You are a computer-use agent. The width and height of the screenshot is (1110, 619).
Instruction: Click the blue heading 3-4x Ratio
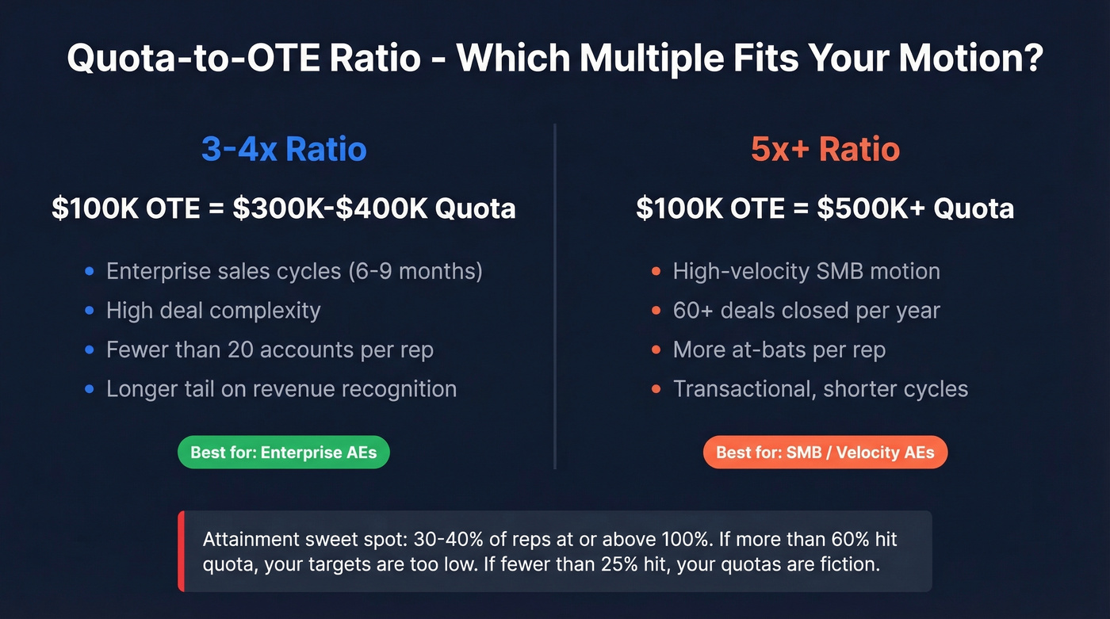(283, 149)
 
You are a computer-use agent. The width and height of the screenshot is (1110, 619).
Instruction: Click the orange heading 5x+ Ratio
(825, 149)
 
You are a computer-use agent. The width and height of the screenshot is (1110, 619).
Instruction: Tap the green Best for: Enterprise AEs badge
(283, 453)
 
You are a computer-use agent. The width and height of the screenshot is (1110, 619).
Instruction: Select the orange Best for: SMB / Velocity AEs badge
(825, 453)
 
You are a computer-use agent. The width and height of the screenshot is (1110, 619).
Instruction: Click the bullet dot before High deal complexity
(90, 311)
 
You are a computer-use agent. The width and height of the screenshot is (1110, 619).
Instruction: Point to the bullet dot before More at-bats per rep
(656, 350)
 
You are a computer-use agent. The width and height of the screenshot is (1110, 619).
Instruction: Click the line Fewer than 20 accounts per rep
(270, 350)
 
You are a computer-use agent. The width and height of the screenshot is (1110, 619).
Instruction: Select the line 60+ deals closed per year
(806, 311)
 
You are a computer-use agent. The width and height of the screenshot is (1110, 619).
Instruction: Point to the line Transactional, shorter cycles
(820, 389)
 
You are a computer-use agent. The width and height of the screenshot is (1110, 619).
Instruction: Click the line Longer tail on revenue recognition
(281, 389)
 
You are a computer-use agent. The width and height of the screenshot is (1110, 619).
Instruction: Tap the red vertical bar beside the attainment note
(182, 551)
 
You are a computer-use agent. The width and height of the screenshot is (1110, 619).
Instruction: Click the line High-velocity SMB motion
(806, 271)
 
